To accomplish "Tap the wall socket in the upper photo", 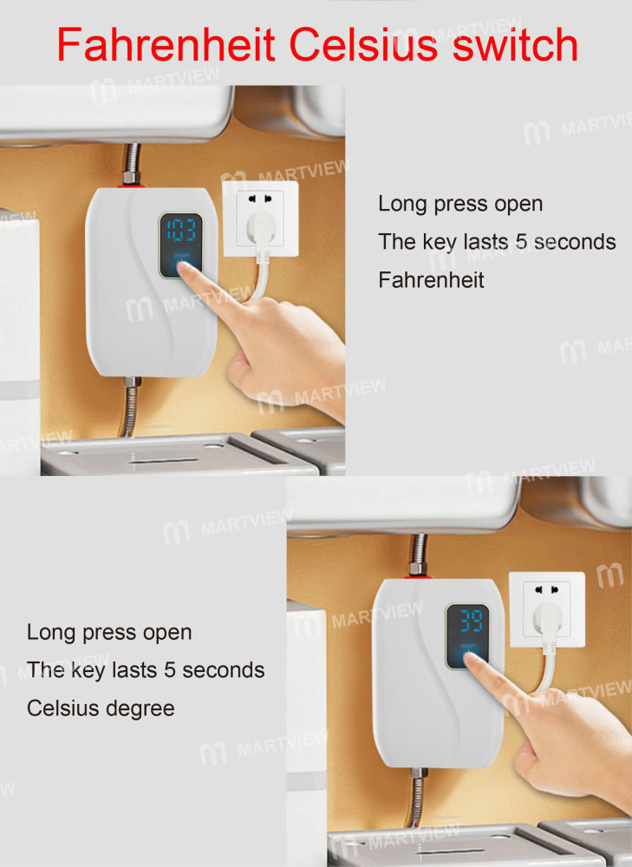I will [x=261, y=218].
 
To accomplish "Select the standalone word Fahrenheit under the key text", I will [x=431, y=279].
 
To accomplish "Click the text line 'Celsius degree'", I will [x=101, y=707].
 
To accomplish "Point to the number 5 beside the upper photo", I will [x=520, y=242].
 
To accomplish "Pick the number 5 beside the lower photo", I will [x=169, y=670].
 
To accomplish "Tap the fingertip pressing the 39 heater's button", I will [x=472, y=661].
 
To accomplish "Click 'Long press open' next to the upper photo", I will [x=460, y=204].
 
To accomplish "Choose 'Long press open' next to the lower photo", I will [x=109, y=632].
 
